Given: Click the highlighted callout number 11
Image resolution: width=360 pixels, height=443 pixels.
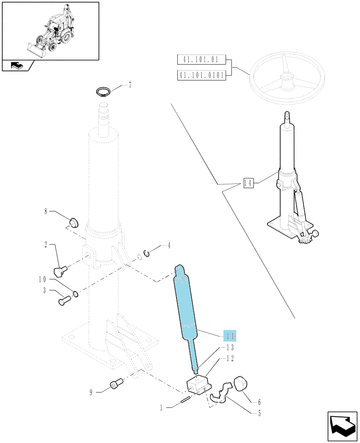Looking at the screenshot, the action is [x=230, y=336].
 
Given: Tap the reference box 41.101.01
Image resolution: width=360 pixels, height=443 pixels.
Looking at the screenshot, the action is [x=201, y=60].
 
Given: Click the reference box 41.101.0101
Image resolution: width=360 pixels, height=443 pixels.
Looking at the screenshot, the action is [x=201, y=75].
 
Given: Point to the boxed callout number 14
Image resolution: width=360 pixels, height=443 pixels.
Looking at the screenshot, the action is [x=248, y=183].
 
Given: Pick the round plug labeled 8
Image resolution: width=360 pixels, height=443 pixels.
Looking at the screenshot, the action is [x=74, y=222].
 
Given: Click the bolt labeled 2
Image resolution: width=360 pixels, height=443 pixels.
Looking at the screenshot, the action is [x=60, y=271].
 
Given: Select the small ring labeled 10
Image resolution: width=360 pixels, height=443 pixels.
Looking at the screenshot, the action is [x=75, y=295].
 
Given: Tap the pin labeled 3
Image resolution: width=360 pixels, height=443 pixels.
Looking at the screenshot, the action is [x=64, y=300].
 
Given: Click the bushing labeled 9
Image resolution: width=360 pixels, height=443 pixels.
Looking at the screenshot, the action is [x=116, y=383].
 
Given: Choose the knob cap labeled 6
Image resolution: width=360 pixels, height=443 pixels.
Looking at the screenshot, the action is [x=241, y=383].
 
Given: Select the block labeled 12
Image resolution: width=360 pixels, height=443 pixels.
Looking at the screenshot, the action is [x=199, y=383].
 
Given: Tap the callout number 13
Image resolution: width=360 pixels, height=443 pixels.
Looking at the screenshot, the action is [x=230, y=347].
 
